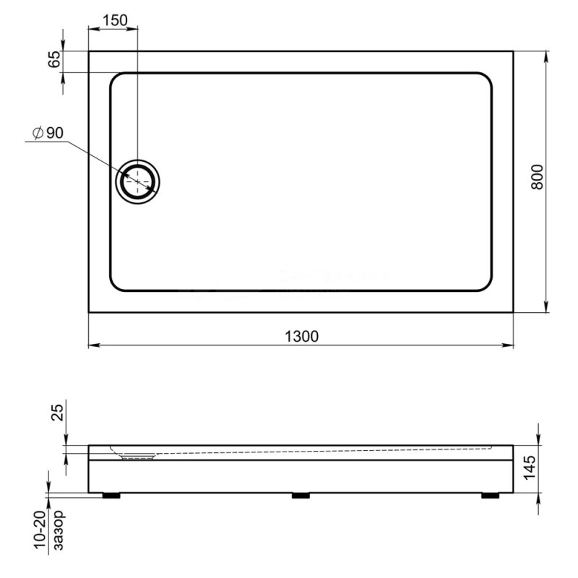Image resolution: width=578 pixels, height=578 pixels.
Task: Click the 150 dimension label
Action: click(x=115, y=20)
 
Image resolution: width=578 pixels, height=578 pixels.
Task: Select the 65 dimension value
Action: click(x=53, y=59)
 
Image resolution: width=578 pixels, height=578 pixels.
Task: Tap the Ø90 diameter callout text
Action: click(x=48, y=133)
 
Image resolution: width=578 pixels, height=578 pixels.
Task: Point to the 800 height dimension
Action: click(x=537, y=177)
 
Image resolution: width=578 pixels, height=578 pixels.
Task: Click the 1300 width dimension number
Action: click(x=301, y=337)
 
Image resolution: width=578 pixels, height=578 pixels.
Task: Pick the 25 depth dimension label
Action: click(x=58, y=413)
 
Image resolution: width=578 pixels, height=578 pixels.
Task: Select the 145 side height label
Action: click(x=530, y=467)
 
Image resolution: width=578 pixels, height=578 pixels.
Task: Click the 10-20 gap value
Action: click(x=40, y=530)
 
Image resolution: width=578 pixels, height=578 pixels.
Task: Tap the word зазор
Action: click(x=59, y=530)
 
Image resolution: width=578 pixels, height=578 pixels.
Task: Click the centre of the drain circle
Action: click(x=138, y=182)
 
